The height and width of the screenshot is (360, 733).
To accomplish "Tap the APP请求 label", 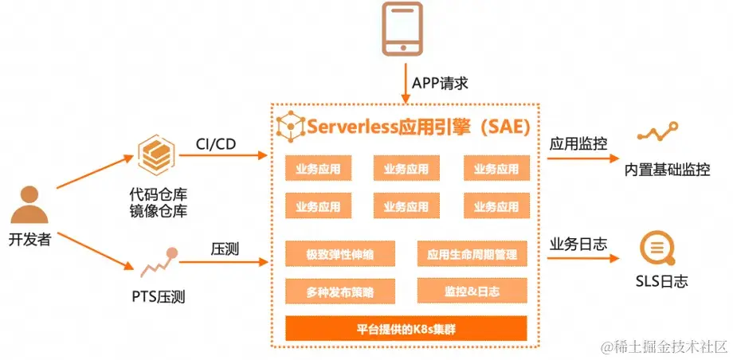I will [x=441, y=83].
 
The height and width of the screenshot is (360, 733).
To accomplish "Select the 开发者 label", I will [x=29, y=238].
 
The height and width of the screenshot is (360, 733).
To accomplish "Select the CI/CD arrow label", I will [x=216, y=143].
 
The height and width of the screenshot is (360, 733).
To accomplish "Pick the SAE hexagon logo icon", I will [x=290, y=126].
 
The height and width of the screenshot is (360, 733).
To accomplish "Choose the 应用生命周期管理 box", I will [x=472, y=255].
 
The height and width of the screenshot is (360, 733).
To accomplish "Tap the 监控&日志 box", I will [x=472, y=292].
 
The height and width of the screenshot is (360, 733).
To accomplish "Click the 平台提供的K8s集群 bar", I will [x=406, y=328].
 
